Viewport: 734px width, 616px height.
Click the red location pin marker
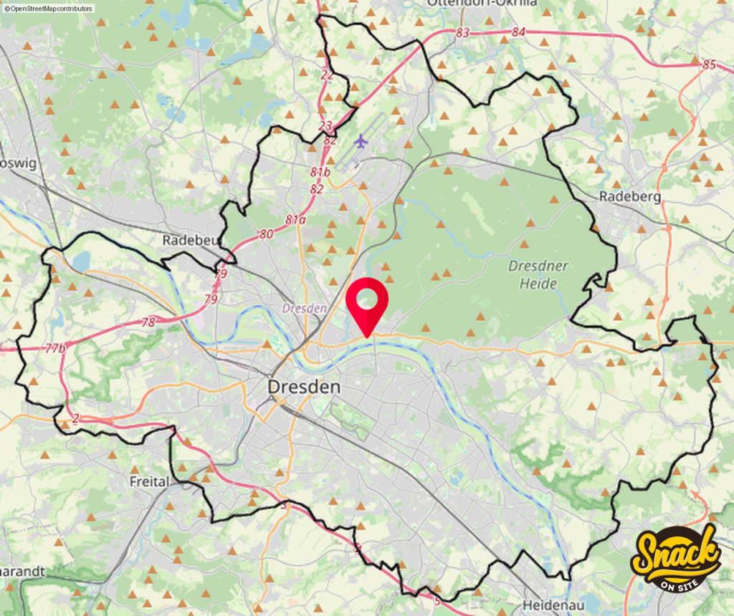pyautogui.click(x=366, y=302)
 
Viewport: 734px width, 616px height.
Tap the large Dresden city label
pyautogui.click(x=303, y=387)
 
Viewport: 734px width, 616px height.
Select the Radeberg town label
pyautogui.click(x=629, y=196)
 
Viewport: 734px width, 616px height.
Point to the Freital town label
pyautogui.click(x=150, y=481)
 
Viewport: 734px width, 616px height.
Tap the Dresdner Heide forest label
pyautogui.click(x=538, y=275)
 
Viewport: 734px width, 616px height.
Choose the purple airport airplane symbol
pyautogui.click(x=360, y=141)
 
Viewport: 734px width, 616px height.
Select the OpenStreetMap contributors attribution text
pyautogui.click(x=48, y=9)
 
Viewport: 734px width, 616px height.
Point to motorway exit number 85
pyautogui.click(x=709, y=64)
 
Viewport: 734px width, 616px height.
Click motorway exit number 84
pyautogui.click(x=518, y=32)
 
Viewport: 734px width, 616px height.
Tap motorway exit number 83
pyautogui.click(x=462, y=33)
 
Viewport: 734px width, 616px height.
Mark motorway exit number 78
pyautogui.click(x=148, y=322)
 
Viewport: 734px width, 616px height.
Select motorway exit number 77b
pyautogui.click(x=55, y=348)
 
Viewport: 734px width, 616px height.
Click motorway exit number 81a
pyautogui.click(x=295, y=220)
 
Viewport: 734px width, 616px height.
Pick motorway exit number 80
pyautogui.click(x=266, y=234)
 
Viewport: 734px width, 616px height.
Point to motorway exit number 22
pyautogui.click(x=327, y=74)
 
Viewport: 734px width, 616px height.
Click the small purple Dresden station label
pyautogui.click(x=304, y=309)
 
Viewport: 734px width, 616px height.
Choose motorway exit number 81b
pyautogui.click(x=320, y=172)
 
